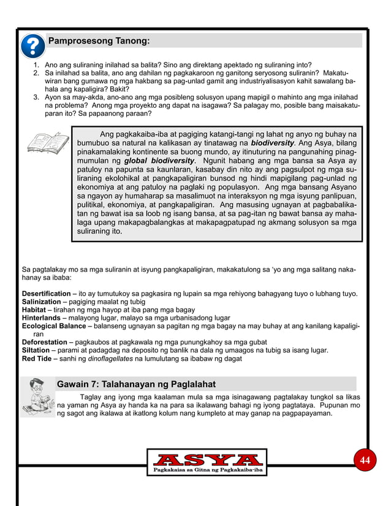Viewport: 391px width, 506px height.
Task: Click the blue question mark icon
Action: [32, 46]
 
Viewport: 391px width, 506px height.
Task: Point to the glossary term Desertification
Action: [46, 294]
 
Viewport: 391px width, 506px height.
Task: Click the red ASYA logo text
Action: [207, 459]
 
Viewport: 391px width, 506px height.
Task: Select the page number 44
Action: [365, 460]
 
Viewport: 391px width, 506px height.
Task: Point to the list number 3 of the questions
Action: [37, 97]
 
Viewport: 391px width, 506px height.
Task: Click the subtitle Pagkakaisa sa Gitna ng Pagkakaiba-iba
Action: [207, 470]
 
